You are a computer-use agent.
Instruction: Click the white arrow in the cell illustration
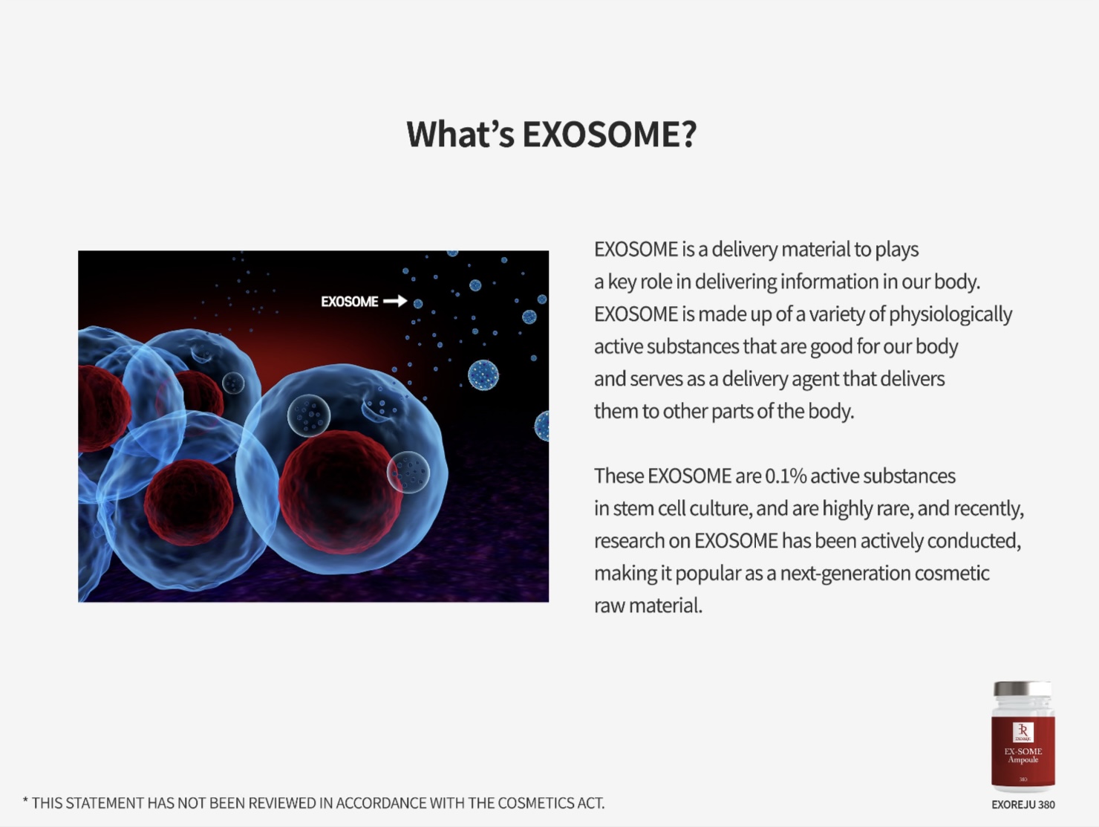395,301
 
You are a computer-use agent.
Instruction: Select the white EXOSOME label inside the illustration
350,302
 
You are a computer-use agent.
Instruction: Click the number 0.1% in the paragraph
786,476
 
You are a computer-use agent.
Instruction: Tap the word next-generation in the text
845,574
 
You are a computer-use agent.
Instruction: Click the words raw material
648,606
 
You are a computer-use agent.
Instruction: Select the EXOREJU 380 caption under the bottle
1023,805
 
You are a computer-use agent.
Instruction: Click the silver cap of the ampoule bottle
1023,689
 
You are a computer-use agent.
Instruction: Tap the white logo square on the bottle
1023,733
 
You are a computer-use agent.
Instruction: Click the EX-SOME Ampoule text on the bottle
1023,756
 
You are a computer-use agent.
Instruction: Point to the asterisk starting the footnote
25,801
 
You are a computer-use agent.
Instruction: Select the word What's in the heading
460,134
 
